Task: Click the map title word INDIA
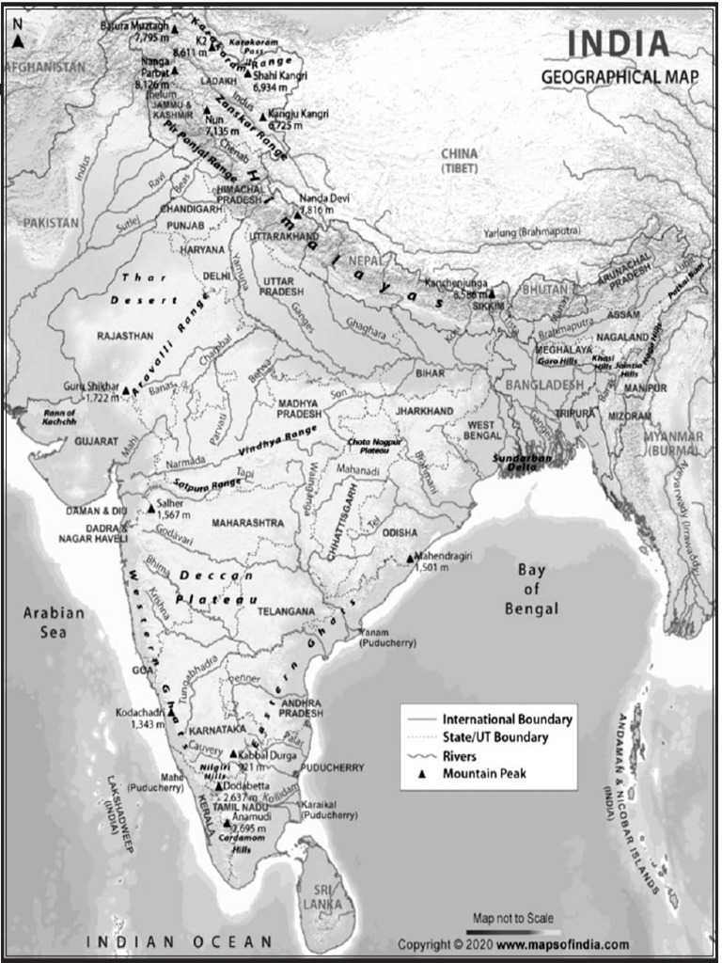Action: pyautogui.click(x=619, y=44)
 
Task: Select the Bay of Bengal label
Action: pyautogui.click(x=531, y=589)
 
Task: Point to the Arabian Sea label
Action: pyautogui.click(x=54, y=622)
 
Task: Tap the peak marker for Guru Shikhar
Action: pyautogui.click(x=125, y=389)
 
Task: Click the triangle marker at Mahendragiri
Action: pyautogui.click(x=410, y=558)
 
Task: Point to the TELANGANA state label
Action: pyautogui.click(x=286, y=611)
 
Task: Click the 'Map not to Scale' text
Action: pyautogui.click(x=513, y=918)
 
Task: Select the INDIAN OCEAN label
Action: pyautogui.click(x=179, y=941)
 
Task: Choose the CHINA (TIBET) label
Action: pyautogui.click(x=461, y=160)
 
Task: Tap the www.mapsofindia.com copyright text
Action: pyautogui.click(x=563, y=943)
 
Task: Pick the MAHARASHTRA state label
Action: pyautogui.click(x=248, y=522)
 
